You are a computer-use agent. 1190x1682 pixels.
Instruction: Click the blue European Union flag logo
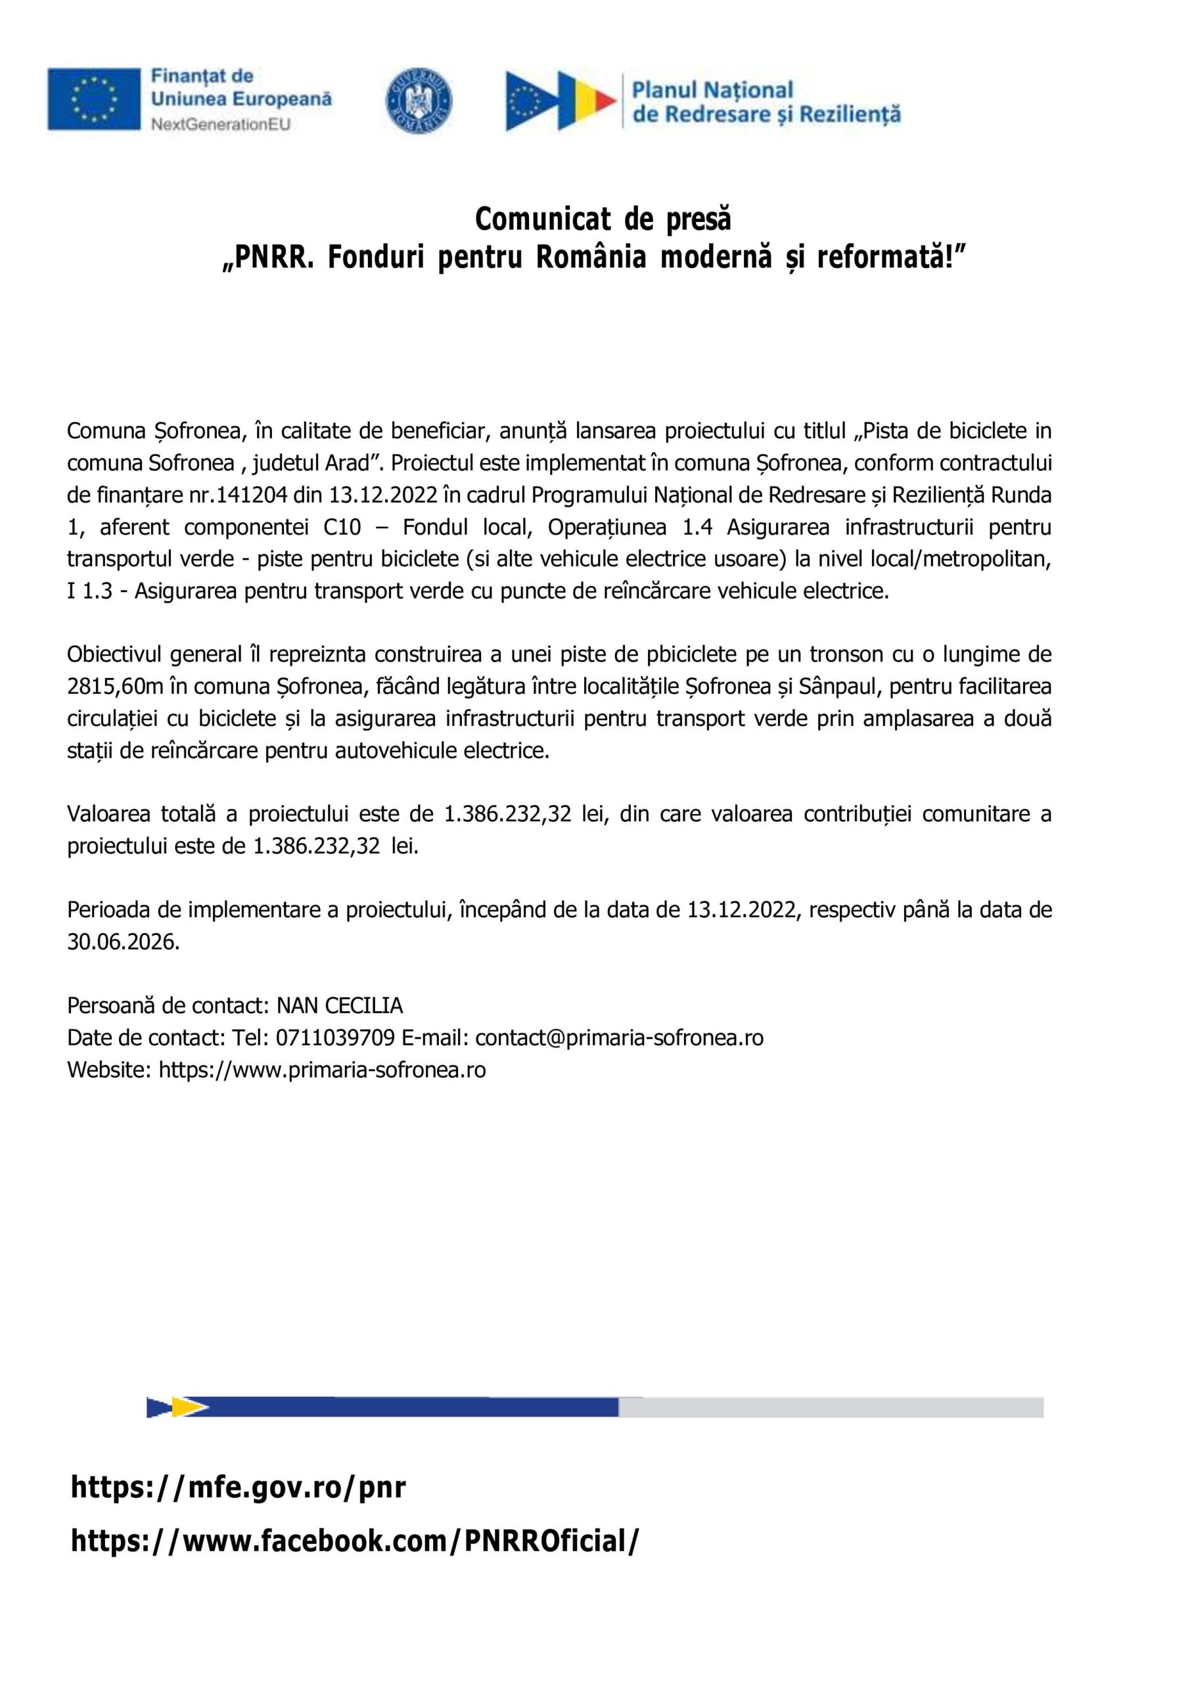click(94, 99)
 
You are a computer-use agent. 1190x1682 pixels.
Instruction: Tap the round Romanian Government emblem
click(419, 101)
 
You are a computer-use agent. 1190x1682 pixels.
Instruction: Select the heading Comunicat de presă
click(603, 218)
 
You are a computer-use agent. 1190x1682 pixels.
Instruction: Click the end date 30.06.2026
click(123, 942)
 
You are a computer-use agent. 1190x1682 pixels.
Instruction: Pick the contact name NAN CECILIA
click(339, 1006)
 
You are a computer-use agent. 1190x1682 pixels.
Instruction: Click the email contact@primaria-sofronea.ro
click(619, 1038)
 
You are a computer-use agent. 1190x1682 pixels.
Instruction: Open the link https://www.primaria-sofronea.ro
click(323, 1070)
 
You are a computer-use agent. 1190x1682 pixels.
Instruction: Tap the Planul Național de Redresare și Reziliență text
click(766, 102)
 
